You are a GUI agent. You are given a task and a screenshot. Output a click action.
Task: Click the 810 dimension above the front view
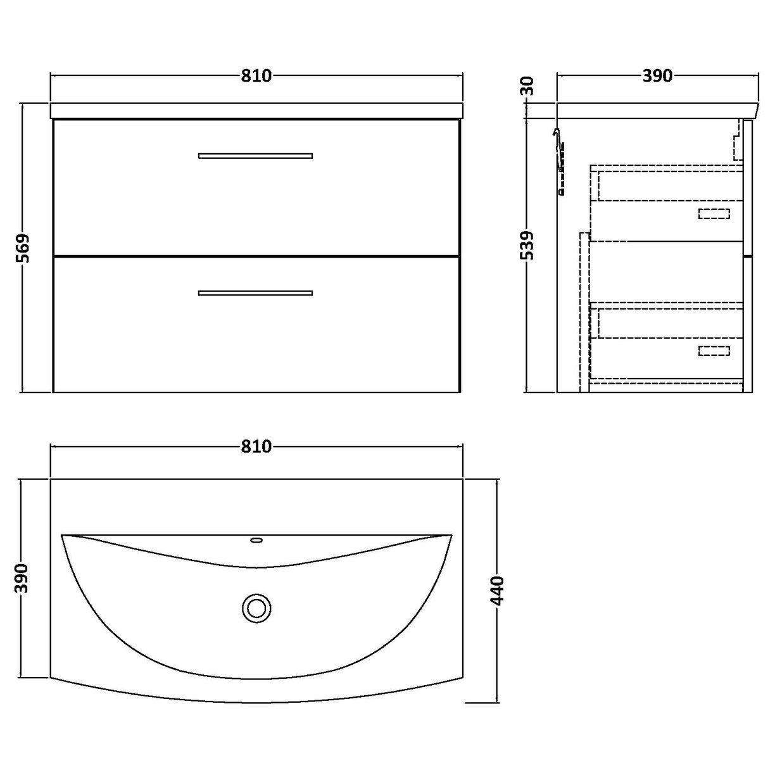tap(256, 76)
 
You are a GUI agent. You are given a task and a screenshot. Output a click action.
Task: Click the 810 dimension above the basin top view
tap(256, 447)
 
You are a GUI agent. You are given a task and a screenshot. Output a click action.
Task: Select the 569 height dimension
tap(23, 248)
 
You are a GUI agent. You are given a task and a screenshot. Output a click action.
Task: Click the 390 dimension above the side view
tap(657, 76)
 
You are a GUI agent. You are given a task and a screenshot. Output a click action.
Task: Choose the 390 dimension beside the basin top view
tap(23, 577)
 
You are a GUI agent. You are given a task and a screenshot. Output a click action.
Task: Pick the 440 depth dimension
tap(497, 589)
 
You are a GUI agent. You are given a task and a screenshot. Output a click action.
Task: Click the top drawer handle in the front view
tap(255, 155)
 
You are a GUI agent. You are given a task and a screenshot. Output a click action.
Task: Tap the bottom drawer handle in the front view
tap(255, 293)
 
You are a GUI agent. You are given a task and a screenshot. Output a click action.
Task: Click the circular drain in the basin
tap(256, 608)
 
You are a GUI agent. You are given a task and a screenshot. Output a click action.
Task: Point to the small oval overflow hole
tap(256, 540)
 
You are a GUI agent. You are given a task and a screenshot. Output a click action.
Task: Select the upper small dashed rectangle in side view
tap(714, 213)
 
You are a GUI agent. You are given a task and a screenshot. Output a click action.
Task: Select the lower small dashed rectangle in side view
tap(714, 350)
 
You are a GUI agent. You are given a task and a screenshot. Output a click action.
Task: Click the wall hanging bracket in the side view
tap(558, 161)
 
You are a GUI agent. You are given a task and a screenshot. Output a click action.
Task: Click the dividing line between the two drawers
tap(255, 255)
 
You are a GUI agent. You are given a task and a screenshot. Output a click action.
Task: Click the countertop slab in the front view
tap(255, 110)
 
